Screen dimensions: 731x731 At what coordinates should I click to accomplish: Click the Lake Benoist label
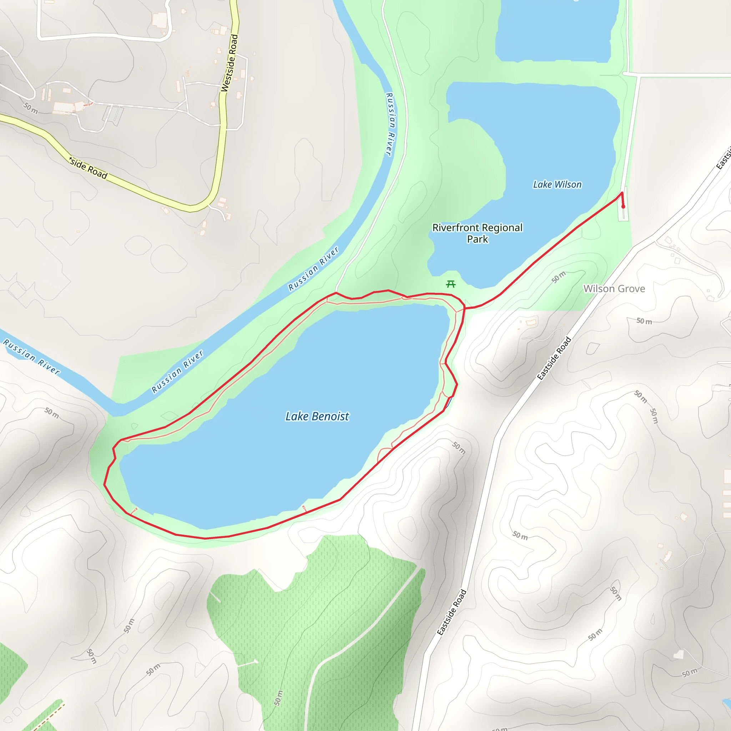[x=317, y=416]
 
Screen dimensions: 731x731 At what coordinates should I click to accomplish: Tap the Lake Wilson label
[x=557, y=185]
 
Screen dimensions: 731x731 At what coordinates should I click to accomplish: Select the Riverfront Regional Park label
[x=478, y=233]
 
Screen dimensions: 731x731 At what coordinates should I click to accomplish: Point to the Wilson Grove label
[x=614, y=289]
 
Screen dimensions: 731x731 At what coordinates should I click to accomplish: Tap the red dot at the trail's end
[x=623, y=207]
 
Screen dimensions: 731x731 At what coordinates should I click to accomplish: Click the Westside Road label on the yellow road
[x=230, y=63]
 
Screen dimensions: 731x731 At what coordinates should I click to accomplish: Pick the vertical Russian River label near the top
[x=390, y=124]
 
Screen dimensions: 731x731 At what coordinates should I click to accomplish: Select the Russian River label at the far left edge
[x=32, y=357]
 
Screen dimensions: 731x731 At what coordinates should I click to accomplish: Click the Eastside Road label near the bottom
[x=452, y=612]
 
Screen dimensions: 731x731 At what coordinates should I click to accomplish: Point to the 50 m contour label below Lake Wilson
[x=559, y=277]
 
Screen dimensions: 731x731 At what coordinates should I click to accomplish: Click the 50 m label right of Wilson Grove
[x=644, y=321]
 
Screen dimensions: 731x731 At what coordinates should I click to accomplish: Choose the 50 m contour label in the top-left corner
[x=31, y=108]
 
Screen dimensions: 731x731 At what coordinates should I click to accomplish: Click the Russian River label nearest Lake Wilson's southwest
[x=314, y=269]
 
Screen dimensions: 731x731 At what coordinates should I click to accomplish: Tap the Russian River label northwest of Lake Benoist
[x=177, y=371]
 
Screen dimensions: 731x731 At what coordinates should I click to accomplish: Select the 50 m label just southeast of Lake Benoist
[x=459, y=448]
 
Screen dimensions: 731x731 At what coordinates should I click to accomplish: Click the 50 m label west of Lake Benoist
[x=52, y=413]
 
